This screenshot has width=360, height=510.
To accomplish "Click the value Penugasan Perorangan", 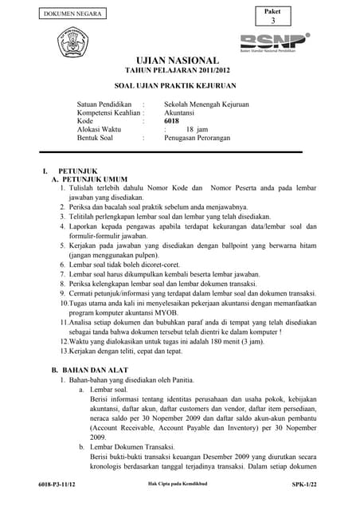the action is click(x=198, y=138).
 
